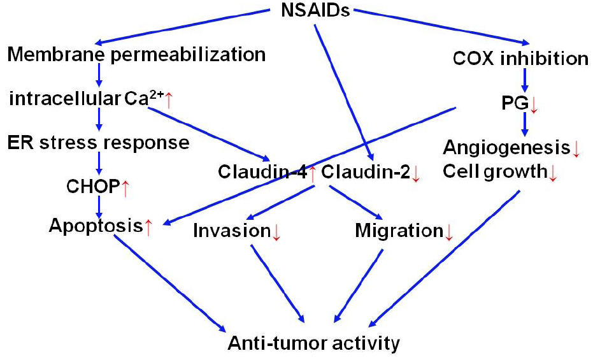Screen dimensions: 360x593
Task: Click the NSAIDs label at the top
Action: click(x=316, y=11)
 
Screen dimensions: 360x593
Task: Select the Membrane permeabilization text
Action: click(x=136, y=55)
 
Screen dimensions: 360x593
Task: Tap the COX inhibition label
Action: click(x=520, y=59)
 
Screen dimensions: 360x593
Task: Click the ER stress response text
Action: click(x=99, y=142)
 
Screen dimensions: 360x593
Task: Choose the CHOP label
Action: click(x=92, y=187)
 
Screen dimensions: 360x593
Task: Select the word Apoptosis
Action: click(x=96, y=226)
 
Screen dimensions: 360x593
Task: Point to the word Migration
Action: click(x=399, y=231)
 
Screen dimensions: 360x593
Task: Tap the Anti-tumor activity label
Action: click(x=314, y=344)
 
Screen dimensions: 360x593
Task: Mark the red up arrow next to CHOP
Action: click(x=125, y=187)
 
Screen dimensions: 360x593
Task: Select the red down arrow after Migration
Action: click(x=448, y=232)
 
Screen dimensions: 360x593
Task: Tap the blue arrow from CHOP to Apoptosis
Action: click(x=99, y=205)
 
